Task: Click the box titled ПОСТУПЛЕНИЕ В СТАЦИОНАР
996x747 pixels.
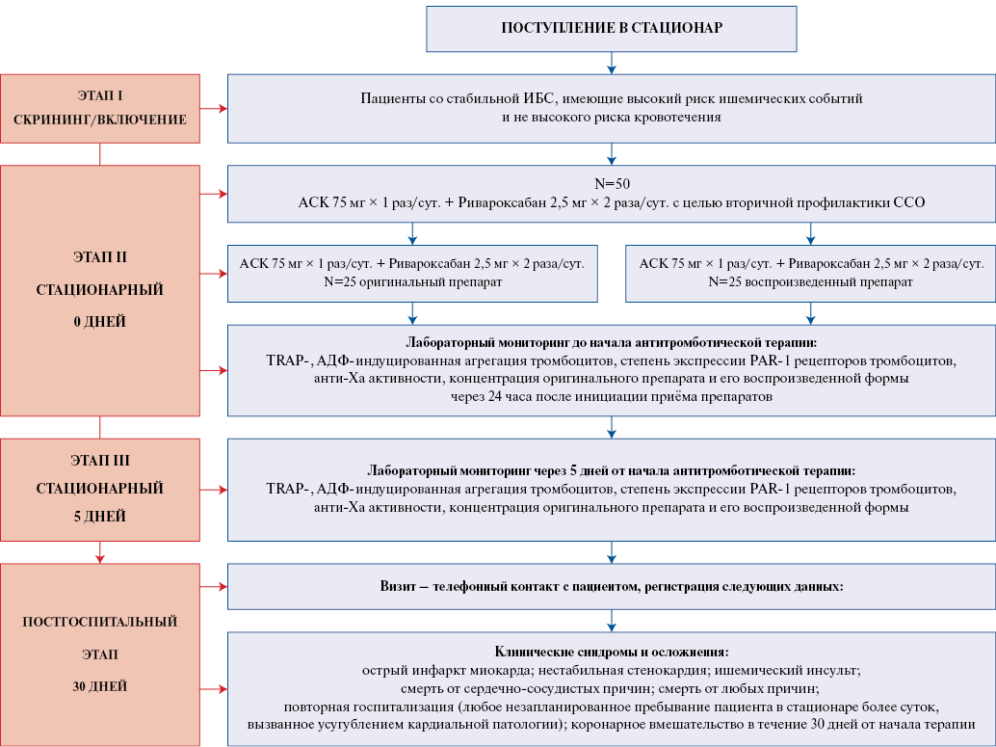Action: click(611, 29)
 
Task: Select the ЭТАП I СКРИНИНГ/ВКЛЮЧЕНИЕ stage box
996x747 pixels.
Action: click(100, 108)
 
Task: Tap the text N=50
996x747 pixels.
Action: click(612, 184)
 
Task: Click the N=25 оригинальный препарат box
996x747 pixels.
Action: click(412, 274)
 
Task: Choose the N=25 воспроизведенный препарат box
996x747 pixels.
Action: click(810, 274)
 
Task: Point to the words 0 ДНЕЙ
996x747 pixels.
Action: click(100, 322)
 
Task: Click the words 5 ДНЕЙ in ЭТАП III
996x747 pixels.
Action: click(100, 517)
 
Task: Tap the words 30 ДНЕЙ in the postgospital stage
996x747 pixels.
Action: click(100, 686)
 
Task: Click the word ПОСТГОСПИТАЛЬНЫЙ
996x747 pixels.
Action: click(100, 622)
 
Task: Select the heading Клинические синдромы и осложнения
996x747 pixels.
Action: click(611, 652)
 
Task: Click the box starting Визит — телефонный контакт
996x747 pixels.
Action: click(611, 586)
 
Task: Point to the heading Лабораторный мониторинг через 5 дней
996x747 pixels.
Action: click(611, 470)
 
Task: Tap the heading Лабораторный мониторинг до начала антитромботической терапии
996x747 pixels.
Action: click(611, 342)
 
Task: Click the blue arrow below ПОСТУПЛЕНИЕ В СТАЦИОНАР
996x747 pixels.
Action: click(611, 63)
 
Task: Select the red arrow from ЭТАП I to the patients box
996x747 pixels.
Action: click(214, 109)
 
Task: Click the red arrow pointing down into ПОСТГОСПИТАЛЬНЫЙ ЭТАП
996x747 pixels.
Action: click(100, 552)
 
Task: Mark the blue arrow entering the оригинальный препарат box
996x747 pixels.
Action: click(412, 234)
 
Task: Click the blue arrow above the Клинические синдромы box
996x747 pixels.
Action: click(611, 621)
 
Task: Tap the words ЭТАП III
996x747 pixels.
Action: click(100, 461)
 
